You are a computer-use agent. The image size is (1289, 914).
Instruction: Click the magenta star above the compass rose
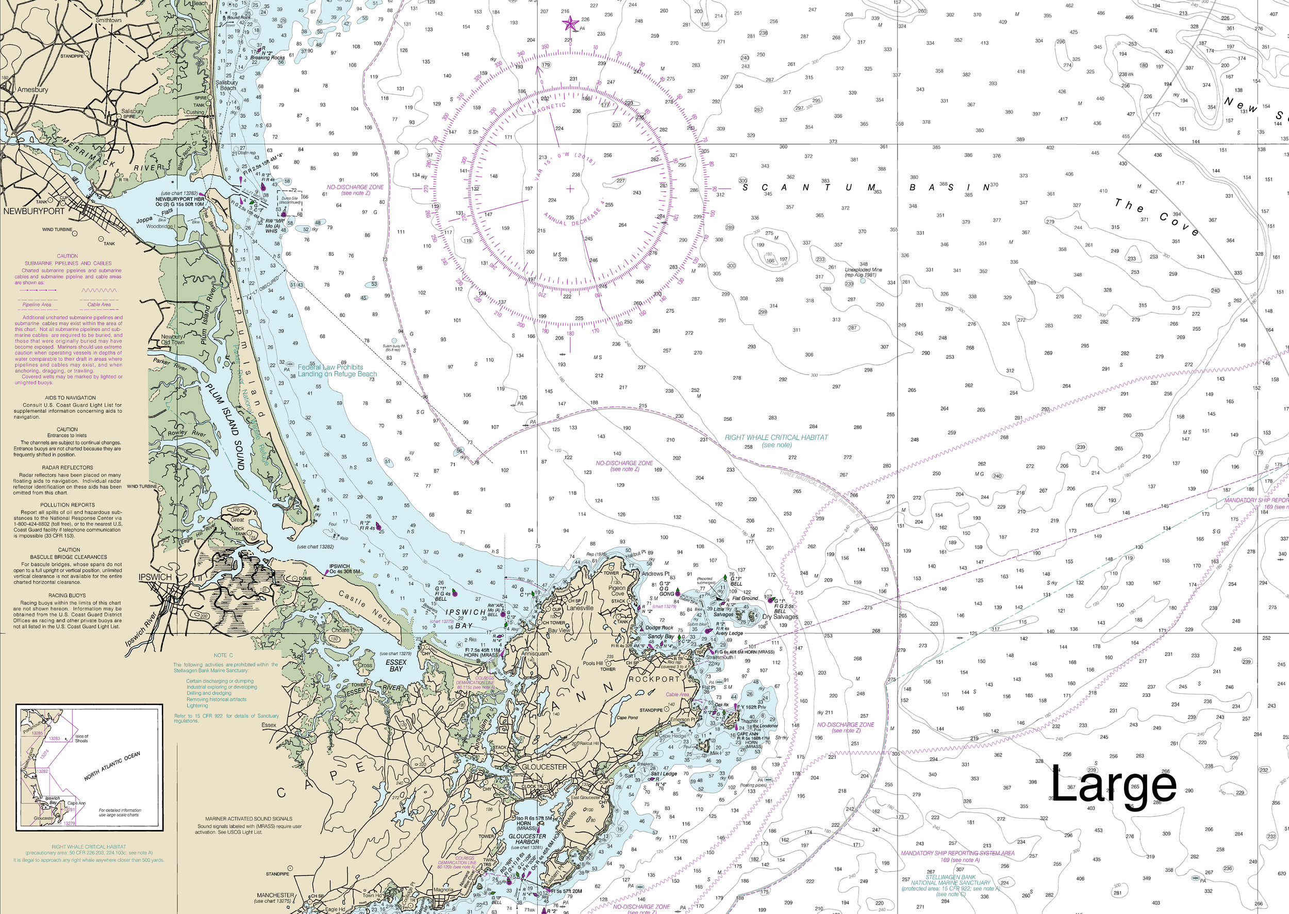570,24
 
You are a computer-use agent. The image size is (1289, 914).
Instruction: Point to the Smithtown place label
109,20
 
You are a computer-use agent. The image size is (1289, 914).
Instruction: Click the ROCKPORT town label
654,679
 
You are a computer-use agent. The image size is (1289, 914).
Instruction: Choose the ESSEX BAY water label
396,665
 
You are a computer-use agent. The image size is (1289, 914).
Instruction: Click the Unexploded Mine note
864,272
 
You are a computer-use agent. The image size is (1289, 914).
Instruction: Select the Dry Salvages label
781,617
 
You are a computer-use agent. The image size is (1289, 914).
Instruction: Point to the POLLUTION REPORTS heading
68,505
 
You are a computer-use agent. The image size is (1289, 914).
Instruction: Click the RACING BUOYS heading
67,595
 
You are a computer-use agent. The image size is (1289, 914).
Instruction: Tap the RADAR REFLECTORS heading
68,468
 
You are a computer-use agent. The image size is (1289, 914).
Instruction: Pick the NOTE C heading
223,655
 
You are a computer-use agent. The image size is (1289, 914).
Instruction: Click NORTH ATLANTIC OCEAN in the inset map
112,766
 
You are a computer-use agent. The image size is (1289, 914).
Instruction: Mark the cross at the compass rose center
570,189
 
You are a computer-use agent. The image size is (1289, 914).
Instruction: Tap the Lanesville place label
580,608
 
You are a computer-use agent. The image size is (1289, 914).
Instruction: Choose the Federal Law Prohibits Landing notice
337,370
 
